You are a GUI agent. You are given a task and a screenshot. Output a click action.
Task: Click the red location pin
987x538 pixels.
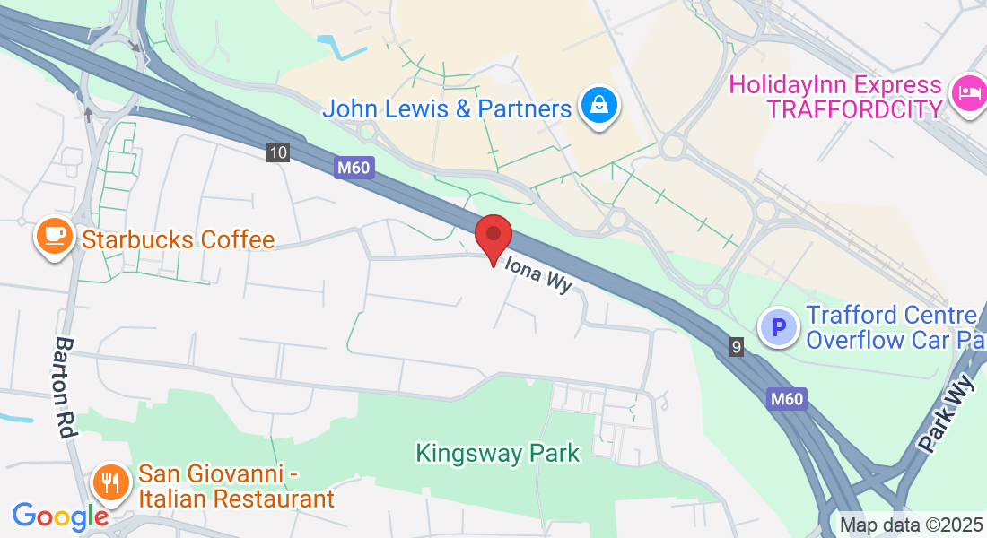pos(493,236)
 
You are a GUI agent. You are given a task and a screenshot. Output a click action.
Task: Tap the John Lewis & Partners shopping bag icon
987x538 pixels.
pos(597,107)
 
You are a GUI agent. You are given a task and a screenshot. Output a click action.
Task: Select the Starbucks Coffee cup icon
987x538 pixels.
pos(54,236)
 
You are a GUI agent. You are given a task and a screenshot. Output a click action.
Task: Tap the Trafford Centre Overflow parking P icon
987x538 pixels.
pos(779,327)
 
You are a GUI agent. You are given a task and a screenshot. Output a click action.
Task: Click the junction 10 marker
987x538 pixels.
pos(278,152)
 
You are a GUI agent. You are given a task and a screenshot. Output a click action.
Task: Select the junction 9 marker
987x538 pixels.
pos(737,346)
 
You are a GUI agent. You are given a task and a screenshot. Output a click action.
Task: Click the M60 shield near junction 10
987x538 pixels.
pos(354,167)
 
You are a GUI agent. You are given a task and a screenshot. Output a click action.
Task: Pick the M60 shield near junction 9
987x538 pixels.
pos(788,399)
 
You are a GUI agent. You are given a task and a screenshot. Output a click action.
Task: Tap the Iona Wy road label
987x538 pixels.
pos(538,273)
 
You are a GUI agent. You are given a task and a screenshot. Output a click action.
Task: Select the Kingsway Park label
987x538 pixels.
pos(497,454)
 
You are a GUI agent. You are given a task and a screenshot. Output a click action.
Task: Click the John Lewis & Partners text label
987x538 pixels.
pos(446,108)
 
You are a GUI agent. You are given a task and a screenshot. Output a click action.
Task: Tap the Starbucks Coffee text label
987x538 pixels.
pos(178,239)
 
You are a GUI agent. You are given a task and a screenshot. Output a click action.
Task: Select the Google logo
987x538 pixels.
pos(60,516)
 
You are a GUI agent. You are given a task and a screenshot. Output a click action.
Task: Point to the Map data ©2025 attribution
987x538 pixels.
pos(910,525)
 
